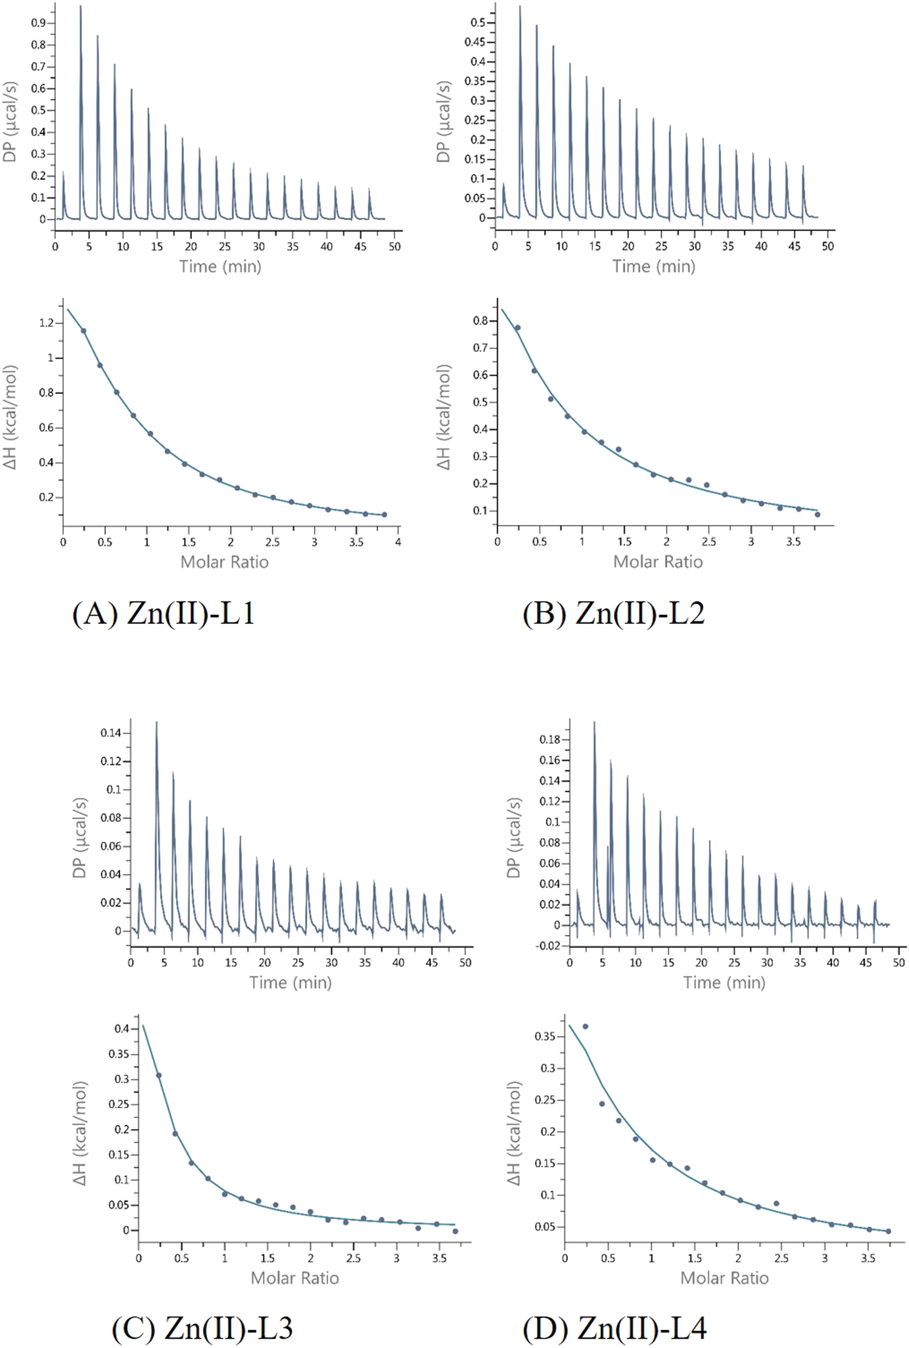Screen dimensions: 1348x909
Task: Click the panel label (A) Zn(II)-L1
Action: click(163, 614)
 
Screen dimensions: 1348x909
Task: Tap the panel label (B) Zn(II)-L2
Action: click(613, 614)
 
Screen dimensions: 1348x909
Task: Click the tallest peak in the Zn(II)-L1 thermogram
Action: click(81, 7)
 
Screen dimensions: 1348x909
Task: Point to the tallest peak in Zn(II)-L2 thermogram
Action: click(520, 7)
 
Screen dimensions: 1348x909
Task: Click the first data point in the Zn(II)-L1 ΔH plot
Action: click(83, 331)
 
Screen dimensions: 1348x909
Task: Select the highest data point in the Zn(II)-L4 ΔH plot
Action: click(585, 1027)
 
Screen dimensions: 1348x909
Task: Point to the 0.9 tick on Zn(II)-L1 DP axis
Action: click(39, 23)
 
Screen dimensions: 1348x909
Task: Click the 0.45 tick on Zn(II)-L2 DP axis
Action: click(475, 43)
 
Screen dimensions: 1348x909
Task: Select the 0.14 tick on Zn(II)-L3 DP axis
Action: click(110, 733)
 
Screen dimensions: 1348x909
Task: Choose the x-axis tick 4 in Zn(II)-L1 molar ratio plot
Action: click(398, 542)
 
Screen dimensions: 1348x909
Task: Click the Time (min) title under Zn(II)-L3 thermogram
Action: click(291, 982)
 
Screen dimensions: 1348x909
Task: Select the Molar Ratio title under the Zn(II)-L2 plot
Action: click(658, 561)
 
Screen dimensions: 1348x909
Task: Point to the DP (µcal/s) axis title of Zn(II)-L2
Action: click(444, 121)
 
